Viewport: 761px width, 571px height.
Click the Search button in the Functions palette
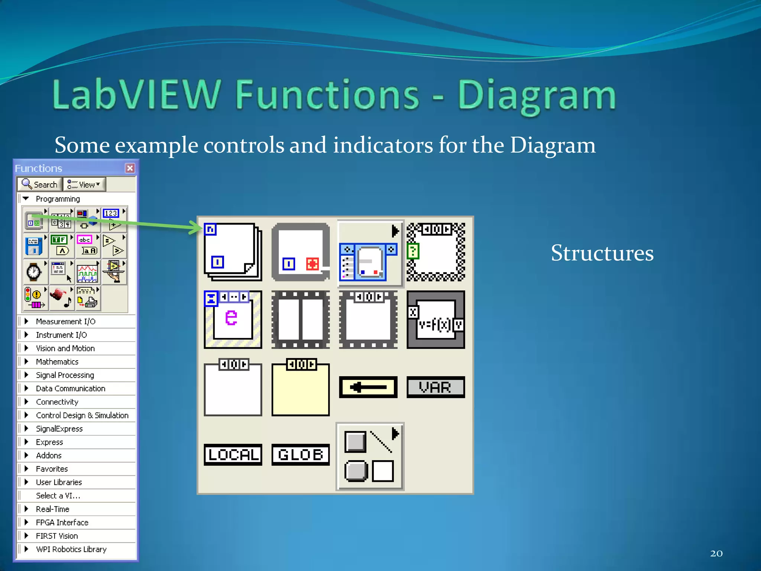point(40,184)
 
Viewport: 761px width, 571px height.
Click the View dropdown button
point(85,184)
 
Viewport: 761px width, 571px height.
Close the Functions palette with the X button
point(130,168)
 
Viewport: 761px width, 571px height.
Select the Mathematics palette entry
point(57,362)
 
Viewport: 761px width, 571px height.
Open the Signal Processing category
point(65,375)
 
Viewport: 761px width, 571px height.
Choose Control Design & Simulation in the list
point(82,415)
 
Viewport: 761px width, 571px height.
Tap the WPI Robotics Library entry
point(71,549)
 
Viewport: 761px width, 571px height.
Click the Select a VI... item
point(58,496)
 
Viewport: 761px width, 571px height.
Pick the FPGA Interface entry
point(62,522)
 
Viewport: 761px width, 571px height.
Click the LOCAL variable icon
point(233,454)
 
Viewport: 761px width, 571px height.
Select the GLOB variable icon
point(300,454)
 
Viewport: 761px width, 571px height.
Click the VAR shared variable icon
point(435,387)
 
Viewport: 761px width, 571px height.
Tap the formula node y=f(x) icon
point(435,320)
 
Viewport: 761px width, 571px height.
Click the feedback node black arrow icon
point(368,387)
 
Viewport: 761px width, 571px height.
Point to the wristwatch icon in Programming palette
point(34,272)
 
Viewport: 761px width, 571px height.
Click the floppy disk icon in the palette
point(34,246)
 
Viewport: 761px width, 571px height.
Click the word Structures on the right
point(602,253)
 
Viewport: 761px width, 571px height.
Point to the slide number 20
point(716,554)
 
